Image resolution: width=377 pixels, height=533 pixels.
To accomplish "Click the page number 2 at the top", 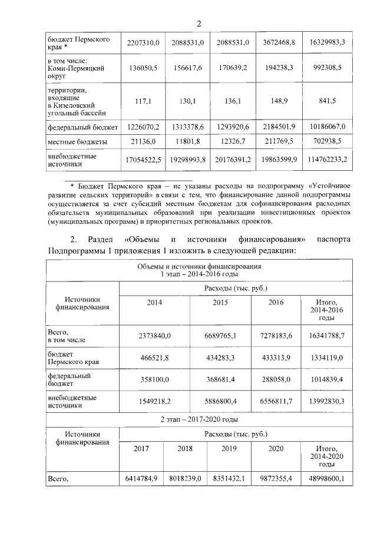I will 199,24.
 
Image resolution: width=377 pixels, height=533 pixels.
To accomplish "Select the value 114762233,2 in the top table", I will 329,160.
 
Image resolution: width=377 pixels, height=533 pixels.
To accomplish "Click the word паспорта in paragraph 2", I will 333,240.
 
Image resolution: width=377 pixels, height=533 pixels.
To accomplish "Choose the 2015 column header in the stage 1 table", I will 221,303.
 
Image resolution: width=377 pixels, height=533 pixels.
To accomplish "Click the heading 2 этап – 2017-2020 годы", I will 200,420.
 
